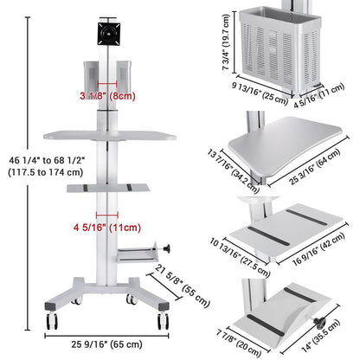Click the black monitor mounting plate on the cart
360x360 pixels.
[109, 34]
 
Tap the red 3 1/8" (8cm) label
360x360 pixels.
[107, 96]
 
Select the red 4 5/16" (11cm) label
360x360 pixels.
[107, 228]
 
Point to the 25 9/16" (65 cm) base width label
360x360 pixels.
[106, 344]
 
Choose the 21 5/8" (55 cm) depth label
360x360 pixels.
[182, 286]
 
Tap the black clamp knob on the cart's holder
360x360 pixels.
[166, 248]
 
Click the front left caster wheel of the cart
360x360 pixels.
[52, 321]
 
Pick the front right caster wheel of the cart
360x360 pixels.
[163, 321]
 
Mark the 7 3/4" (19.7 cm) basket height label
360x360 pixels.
[226, 42]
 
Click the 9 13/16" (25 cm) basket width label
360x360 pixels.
[260, 93]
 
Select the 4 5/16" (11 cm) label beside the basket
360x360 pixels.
[319, 95]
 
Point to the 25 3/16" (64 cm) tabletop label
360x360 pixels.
[315, 167]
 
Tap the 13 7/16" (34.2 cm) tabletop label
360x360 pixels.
[234, 171]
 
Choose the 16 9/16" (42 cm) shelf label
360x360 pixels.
[318, 249]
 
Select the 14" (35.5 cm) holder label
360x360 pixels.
[320, 336]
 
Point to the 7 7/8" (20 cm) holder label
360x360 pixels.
[239, 344]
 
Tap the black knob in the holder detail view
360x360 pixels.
[319, 323]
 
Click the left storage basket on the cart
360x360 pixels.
[91, 76]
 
